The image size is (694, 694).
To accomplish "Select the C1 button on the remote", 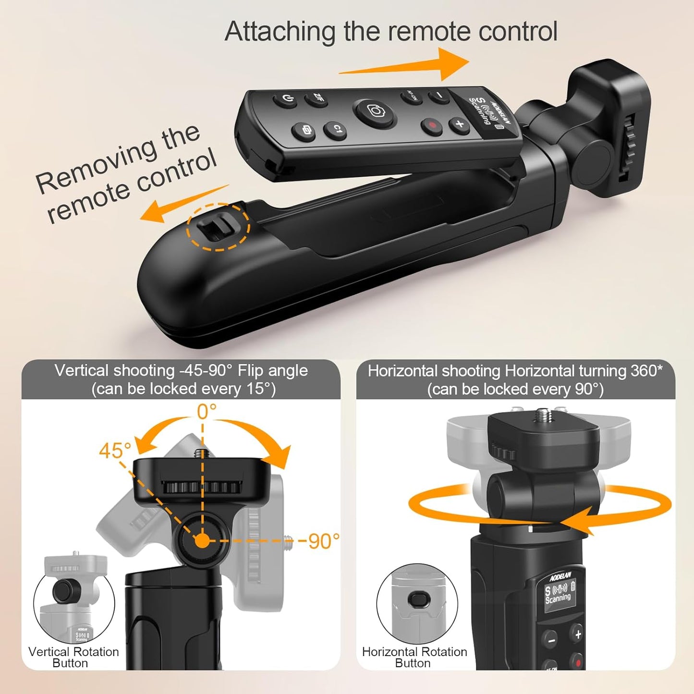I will pos(337,129).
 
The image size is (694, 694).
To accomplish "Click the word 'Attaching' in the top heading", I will pos(280,32).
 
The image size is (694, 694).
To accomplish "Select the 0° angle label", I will pos(207,412).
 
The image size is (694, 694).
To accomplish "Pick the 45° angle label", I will pos(115,451).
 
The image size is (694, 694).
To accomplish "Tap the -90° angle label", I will pos(319,541).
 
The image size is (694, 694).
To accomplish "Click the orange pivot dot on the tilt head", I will pos(202,541).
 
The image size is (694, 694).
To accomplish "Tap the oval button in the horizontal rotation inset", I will pos(415,599).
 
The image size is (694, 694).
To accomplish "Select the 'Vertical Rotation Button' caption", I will pos(73,657).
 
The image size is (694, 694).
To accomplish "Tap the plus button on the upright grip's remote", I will pos(578,634).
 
